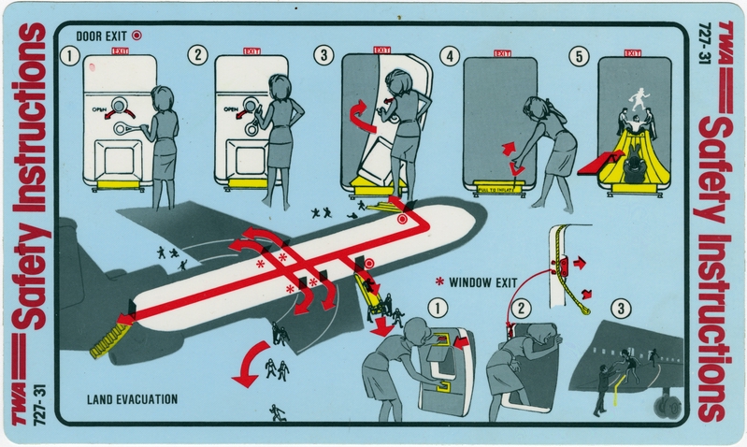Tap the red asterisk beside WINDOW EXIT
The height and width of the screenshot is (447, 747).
pyautogui.click(x=440, y=281)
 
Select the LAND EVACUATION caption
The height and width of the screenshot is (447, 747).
pyautogui.click(x=130, y=398)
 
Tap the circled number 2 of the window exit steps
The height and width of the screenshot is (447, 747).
pyautogui.click(x=524, y=308)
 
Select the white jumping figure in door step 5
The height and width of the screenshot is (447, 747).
pyautogui.click(x=641, y=97)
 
